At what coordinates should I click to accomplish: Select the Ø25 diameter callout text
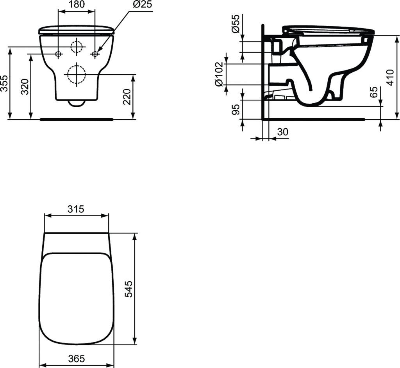point(142,5)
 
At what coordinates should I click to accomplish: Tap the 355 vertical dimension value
point(4,83)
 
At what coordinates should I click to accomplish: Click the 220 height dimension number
point(127,96)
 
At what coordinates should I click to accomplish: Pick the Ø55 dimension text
point(235,24)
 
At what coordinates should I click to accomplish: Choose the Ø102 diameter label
point(219,74)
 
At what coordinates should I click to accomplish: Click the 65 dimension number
point(374,93)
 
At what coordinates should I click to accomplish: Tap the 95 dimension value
point(235,110)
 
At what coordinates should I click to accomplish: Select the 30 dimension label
point(282,132)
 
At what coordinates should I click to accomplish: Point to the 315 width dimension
point(76,209)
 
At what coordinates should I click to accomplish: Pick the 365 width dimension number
point(76,358)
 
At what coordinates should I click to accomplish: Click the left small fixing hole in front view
point(58,54)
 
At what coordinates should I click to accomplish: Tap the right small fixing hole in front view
point(95,54)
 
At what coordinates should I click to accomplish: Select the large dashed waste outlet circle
point(77,74)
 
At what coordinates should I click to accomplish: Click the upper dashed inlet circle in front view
point(77,47)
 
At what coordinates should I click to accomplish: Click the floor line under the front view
point(77,119)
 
